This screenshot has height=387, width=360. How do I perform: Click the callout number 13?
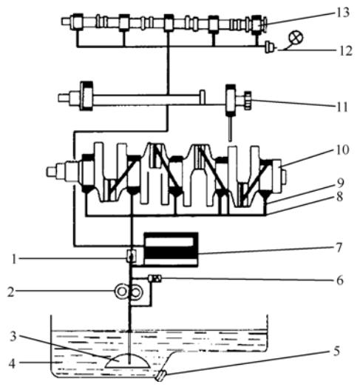pos(343,13)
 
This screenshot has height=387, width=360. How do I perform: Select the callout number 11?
pos(342,107)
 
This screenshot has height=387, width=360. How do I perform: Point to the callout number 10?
pos(342,149)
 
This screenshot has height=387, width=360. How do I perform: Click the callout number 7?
pos(339,248)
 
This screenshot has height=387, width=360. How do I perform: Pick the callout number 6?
pos(340,280)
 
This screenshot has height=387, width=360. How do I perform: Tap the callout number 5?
pos(336,351)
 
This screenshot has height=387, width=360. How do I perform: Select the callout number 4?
pos(12,363)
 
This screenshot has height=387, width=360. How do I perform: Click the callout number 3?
pos(13,336)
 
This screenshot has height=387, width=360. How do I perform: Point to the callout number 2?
pos(10,292)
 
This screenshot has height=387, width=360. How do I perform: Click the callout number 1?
pos(14,260)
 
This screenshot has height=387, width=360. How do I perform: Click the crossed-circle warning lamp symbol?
pos(296,38)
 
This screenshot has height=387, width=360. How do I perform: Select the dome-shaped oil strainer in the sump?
pos(127,362)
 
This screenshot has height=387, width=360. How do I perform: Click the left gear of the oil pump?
pos(122,292)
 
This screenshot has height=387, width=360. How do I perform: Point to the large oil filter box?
pos(171,249)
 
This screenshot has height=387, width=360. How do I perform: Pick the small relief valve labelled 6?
pos(154,279)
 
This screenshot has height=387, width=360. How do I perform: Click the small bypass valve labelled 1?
pos(132,256)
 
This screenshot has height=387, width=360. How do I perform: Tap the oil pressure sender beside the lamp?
pos(271,47)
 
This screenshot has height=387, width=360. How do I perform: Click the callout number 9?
pos(340,183)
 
